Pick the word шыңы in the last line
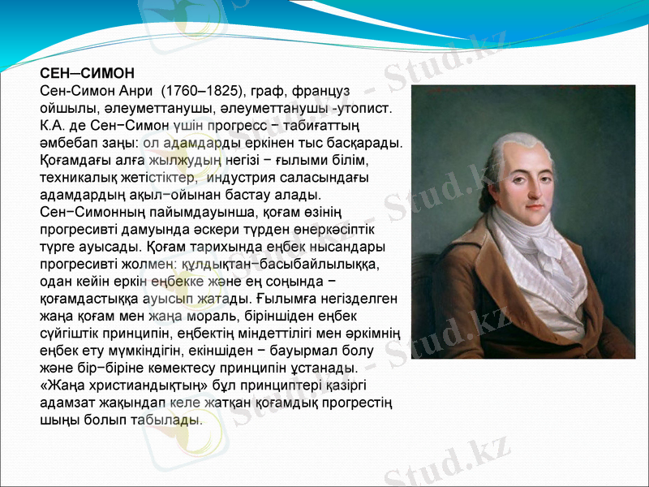tap(58, 420)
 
